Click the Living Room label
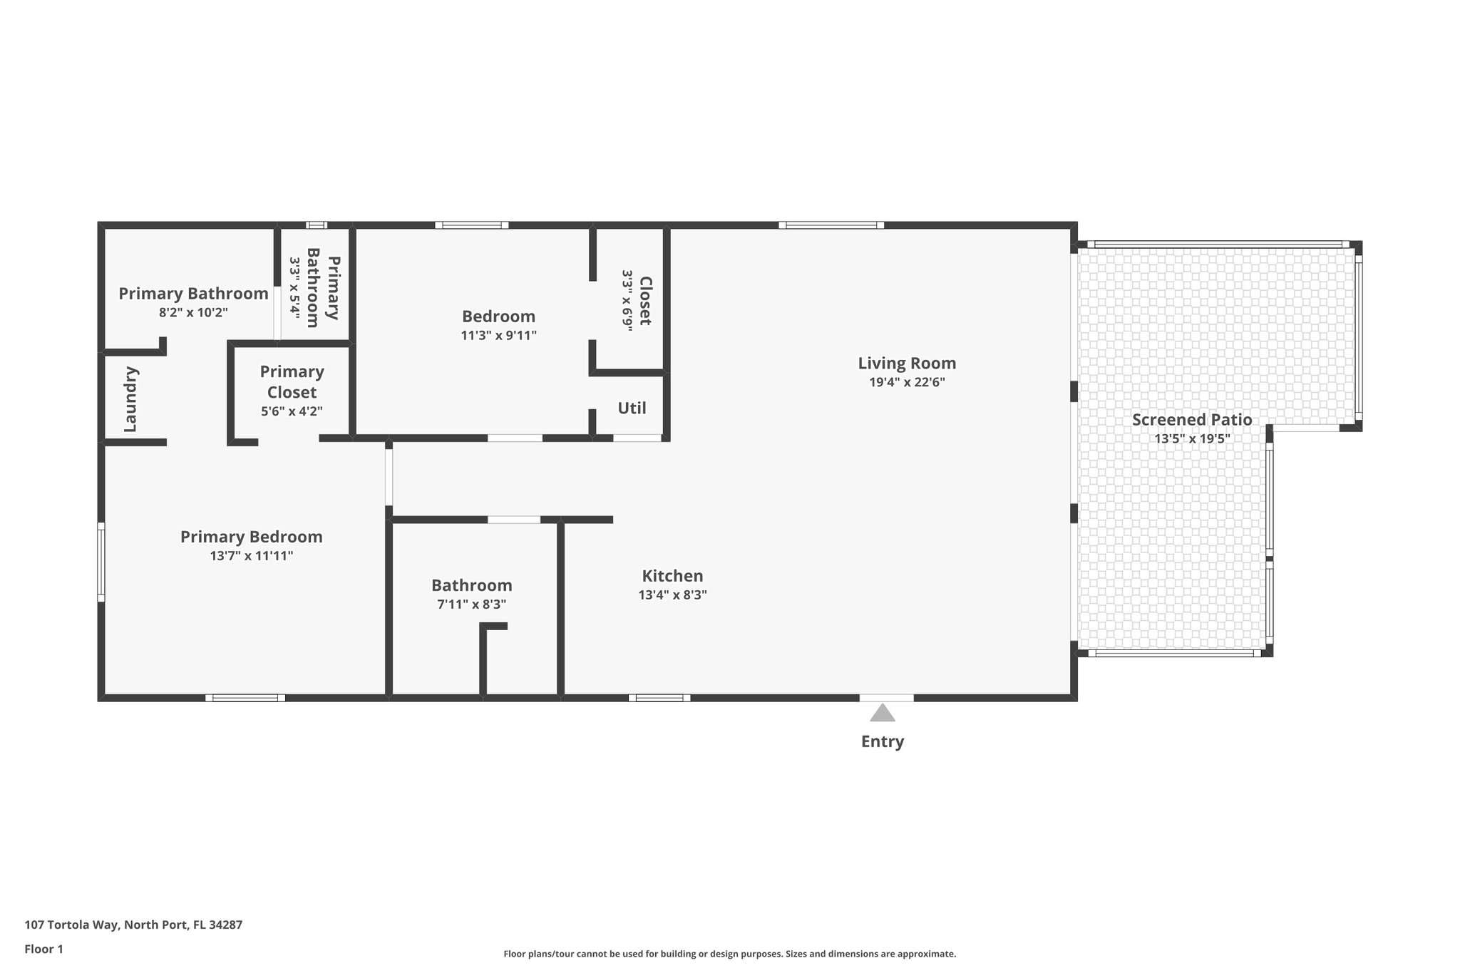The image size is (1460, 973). pos(907,364)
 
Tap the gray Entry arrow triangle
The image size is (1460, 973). pos(883,714)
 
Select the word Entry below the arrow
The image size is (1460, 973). pos(883,741)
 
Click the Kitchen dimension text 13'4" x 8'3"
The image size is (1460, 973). pos(672,595)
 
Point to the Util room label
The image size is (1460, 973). pos(632,408)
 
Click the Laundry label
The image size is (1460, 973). pos(130,399)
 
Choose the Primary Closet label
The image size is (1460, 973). pos(292,382)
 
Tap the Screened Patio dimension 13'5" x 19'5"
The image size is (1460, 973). pos(1192,439)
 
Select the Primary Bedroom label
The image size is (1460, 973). pos(251,537)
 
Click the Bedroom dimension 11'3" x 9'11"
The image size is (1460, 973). pos(498,336)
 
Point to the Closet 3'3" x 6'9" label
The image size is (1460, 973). pos(637,300)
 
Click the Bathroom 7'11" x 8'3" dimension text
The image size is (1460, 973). pos(471,604)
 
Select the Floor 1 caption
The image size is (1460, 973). pos(43,949)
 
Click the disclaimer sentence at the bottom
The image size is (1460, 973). pos(729,954)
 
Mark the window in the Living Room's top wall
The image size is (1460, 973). pos(831,225)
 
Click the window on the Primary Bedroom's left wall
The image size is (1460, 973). pos(101,562)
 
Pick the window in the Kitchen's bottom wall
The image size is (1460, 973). pos(659,698)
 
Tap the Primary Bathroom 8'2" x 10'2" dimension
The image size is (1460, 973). pos(193,312)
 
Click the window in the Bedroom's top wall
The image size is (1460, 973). pos(472,225)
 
